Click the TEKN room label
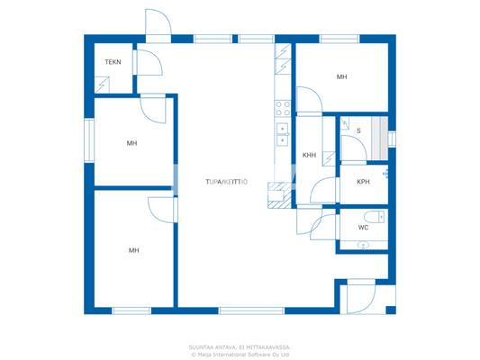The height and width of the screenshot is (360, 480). (113, 62)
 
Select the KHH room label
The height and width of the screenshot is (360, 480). (309, 155)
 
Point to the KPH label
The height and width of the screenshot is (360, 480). (363, 182)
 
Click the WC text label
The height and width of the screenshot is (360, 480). (363, 227)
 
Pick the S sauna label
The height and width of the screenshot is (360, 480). (358, 131)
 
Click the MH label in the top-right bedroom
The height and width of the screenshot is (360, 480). (342, 77)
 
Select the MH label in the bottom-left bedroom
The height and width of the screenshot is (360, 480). (133, 250)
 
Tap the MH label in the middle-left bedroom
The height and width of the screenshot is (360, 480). (131, 143)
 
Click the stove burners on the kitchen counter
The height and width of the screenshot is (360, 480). (282, 109)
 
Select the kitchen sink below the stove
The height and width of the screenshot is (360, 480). (282, 134)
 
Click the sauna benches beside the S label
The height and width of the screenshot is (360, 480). (379, 131)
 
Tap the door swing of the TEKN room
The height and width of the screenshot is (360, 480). (148, 63)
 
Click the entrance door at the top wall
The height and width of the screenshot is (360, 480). (158, 24)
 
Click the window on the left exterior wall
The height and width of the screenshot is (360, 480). (88, 140)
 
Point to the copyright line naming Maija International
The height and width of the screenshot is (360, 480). (240, 354)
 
